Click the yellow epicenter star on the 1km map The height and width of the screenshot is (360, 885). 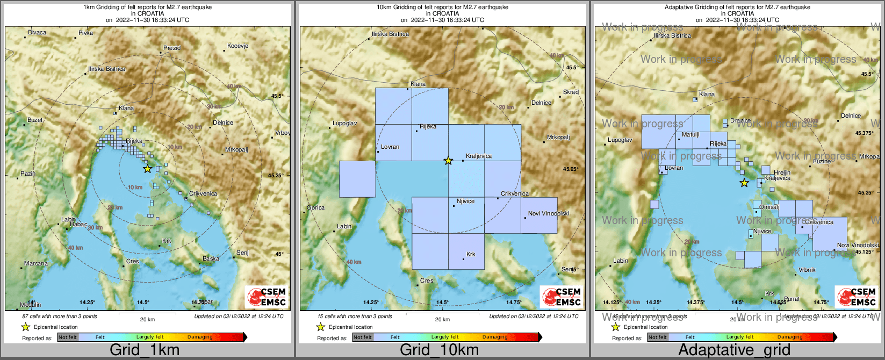[x=147, y=169]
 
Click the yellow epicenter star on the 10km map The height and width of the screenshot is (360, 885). [x=448, y=161]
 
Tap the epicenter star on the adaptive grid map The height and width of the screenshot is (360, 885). [x=744, y=183]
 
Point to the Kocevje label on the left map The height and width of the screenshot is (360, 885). [x=238, y=46]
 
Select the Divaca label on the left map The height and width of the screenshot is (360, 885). [x=37, y=33]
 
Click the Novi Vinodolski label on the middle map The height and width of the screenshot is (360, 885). [x=548, y=214]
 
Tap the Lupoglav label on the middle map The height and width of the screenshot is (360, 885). [x=344, y=124]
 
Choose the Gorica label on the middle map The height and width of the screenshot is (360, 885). [x=315, y=208]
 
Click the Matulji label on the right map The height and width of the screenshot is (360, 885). [x=690, y=135]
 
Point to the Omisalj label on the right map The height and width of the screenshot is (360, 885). [x=769, y=207]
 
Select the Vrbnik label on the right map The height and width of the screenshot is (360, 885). [x=807, y=270]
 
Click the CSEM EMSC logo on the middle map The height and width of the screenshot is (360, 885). [x=562, y=297]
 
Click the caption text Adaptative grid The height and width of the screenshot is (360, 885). [x=734, y=350]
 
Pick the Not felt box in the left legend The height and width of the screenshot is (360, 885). [x=68, y=337]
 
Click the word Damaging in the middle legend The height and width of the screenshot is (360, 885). [x=495, y=337]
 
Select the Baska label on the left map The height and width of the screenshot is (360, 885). [x=211, y=259]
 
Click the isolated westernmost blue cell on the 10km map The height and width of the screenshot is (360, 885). [x=357, y=179]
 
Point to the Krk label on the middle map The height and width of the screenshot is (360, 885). [x=471, y=255]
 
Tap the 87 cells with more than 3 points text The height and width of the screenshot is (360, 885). [x=60, y=316]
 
